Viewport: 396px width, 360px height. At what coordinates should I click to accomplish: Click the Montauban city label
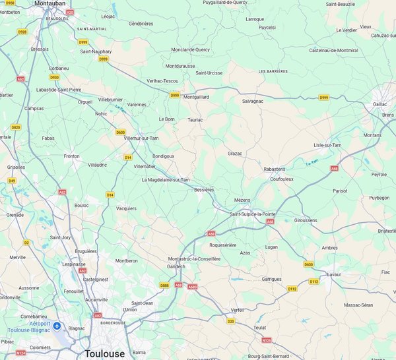tap(49, 3)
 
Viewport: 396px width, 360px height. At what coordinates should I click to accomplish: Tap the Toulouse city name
tap(104, 353)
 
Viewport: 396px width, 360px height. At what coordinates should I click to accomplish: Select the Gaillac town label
tap(380, 104)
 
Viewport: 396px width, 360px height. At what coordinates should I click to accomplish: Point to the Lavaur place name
tap(334, 274)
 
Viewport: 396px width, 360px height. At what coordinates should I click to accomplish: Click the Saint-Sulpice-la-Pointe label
tap(253, 214)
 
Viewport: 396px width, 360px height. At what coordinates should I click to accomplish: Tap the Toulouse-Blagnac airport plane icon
tap(57, 326)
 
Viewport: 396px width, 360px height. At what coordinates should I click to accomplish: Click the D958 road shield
tap(10, 3)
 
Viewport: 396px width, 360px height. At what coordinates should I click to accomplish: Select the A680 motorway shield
tap(192, 287)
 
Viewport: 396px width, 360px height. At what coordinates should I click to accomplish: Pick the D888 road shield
tap(164, 285)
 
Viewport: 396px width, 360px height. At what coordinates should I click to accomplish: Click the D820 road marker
tap(15, 127)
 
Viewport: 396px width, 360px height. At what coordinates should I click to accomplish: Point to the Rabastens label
tap(274, 169)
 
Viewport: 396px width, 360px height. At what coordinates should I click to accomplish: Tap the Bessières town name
tap(204, 189)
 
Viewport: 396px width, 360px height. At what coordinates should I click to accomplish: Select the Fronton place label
tap(71, 156)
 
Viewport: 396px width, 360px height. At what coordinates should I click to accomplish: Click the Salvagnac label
tap(253, 101)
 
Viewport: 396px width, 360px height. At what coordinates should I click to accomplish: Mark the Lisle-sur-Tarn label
tap(327, 144)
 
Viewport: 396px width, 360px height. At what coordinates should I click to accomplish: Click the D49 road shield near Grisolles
tap(11, 180)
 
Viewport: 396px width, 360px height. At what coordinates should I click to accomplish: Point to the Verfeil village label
tap(238, 309)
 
